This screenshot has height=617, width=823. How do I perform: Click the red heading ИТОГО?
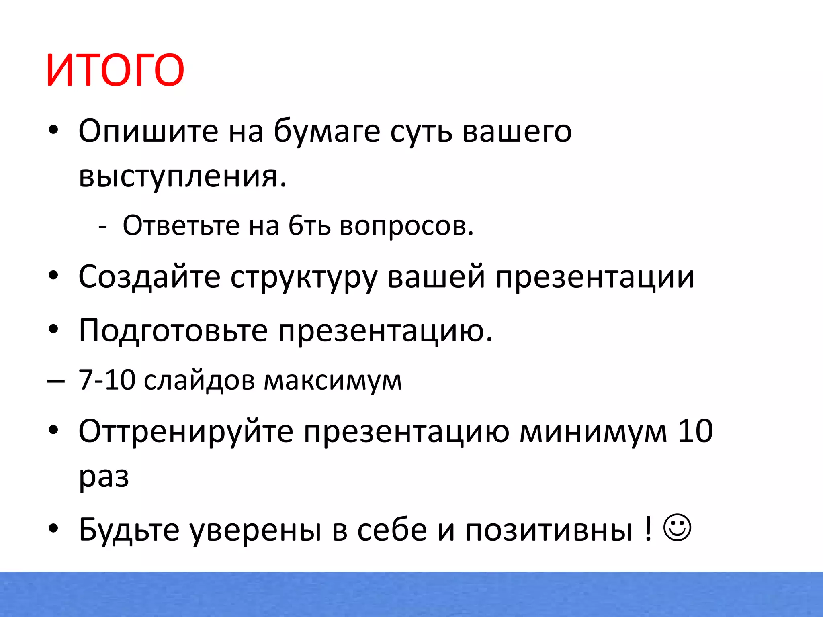pyautogui.click(x=115, y=70)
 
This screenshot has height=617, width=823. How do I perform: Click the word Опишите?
pyautogui.click(x=148, y=131)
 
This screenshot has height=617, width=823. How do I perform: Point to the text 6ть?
pyautogui.click(x=309, y=225)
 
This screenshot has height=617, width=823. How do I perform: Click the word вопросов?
pyautogui.click(x=406, y=226)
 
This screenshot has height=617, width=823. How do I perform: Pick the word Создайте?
pyautogui.click(x=149, y=277)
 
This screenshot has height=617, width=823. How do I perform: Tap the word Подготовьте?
pyautogui.click(x=173, y=331)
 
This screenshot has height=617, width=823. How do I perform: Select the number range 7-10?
pyautogui.click(x=106, y=380)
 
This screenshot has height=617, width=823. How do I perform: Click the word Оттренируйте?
pyautogui.click(x=186, y=431)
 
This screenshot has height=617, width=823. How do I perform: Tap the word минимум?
pyautogui.click(x=593, y=431)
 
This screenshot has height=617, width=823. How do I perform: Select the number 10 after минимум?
pyautogui.click(x=695, y=431)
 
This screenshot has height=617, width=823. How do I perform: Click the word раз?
pyautogui.click(x=104, y=477)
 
